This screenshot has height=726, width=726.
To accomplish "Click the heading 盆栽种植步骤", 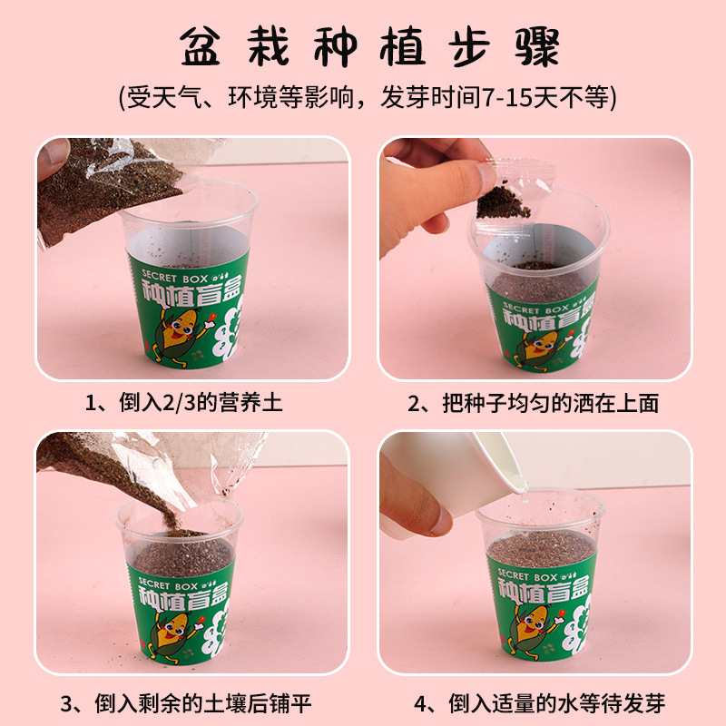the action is (x=369, y=47).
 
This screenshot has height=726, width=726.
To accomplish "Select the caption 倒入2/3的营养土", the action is (x=201, y=402).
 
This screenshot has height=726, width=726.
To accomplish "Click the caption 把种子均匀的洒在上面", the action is (x=551, y=403).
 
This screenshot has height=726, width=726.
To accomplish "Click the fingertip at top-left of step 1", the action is (x=53, y=156).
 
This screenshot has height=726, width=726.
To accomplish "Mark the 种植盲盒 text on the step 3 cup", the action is (x=183, y=597).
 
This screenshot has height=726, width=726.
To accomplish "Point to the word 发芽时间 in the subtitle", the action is (x=430, y=98).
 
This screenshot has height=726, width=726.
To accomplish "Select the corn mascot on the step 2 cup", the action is (x=543, y=345).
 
